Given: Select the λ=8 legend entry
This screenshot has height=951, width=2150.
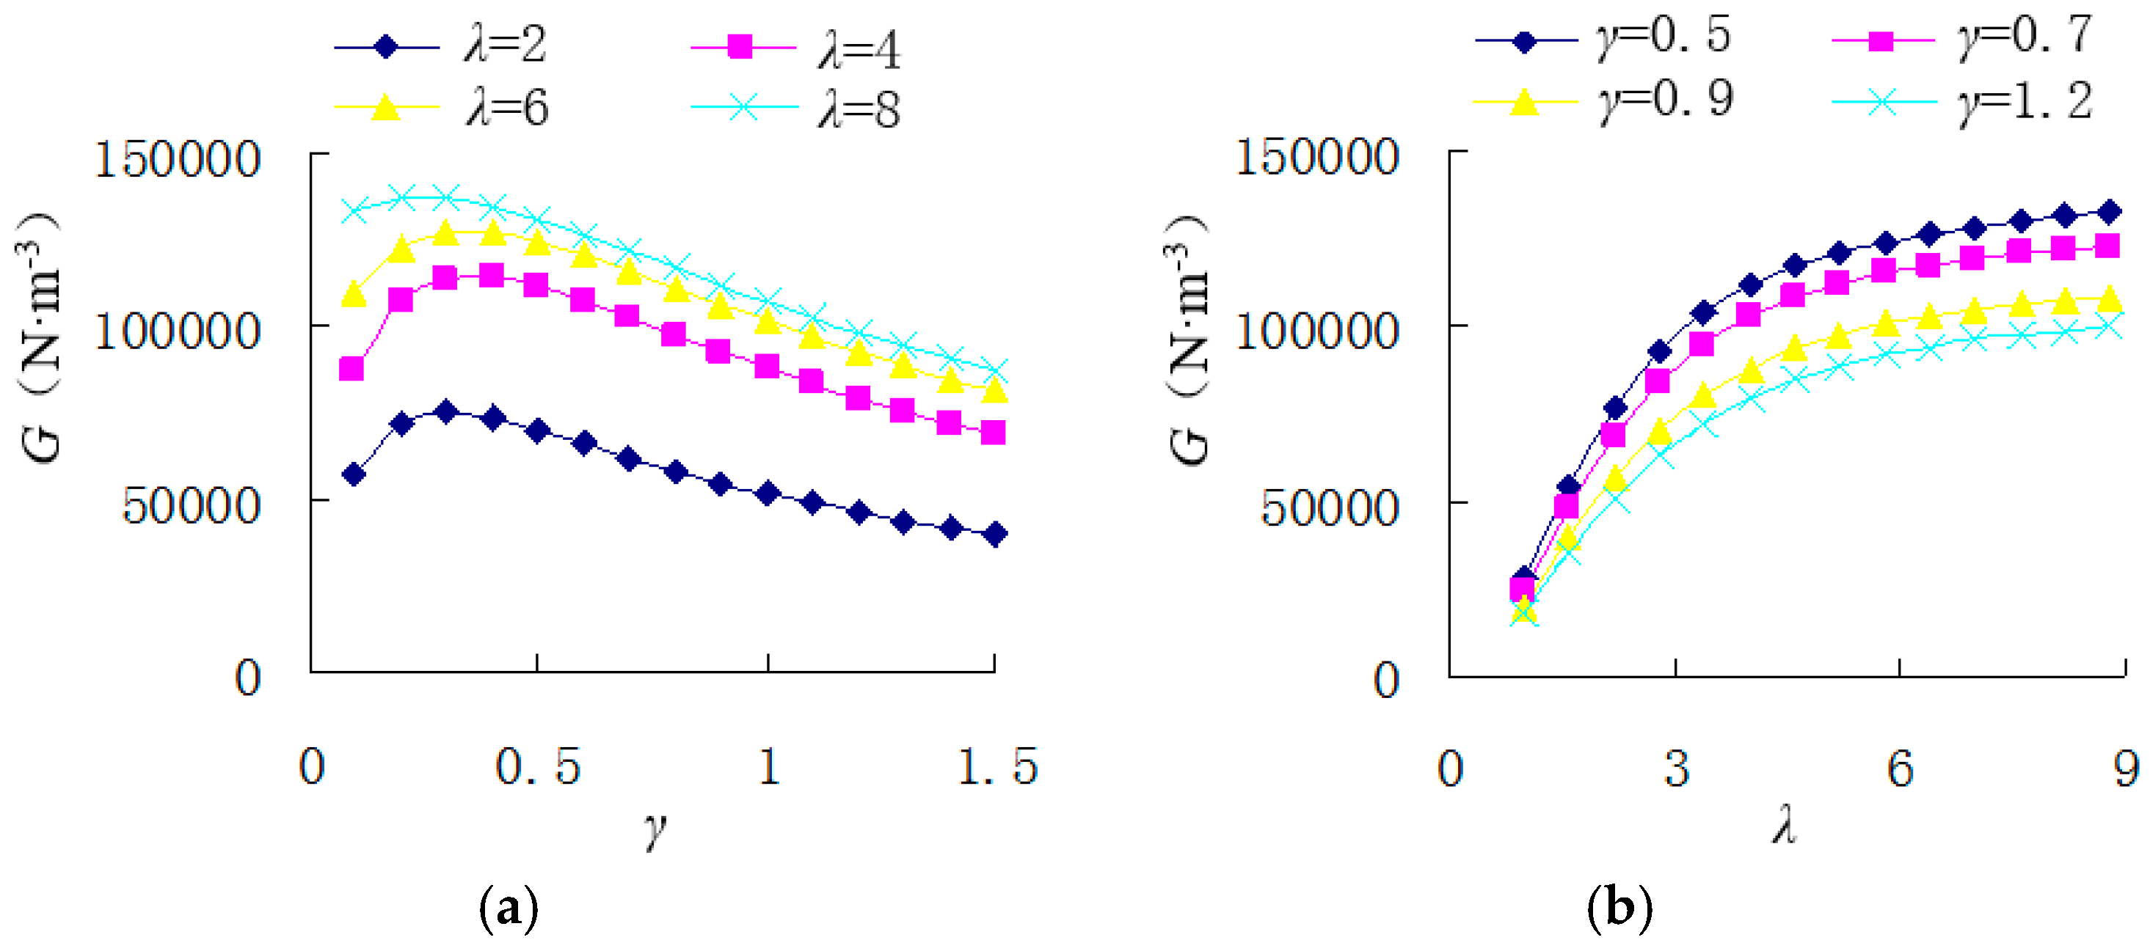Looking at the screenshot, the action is [796, 109].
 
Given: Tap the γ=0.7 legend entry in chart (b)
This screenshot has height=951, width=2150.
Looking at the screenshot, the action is [1961, 37].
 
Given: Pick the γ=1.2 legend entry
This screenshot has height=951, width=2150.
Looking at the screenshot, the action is [1961, 102].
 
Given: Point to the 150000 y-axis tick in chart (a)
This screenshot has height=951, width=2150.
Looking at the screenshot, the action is [177, 158].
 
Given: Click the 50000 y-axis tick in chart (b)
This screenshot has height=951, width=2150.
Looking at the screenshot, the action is [1329, 507].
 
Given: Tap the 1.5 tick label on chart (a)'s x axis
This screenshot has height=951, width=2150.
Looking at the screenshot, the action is [996, 765].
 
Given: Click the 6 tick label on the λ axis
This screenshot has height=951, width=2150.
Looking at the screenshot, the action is [1900, 768].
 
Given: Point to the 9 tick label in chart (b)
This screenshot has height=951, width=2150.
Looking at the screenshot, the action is [2126, 768].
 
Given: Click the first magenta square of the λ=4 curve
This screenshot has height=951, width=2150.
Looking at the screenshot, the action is [351, 369].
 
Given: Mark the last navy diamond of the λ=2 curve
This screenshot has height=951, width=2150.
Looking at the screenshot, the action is [994, 534].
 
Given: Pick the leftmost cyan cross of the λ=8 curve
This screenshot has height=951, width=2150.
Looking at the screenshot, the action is [354, 210].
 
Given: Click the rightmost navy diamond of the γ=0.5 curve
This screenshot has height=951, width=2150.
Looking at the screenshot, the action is [2108, 212].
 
